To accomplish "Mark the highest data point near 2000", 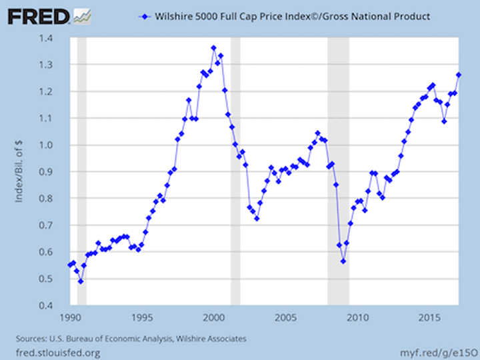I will click(213, 48).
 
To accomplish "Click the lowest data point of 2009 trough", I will click(343, 261).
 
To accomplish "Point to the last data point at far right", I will click(458, 75).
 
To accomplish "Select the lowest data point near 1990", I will click(81, 281).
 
